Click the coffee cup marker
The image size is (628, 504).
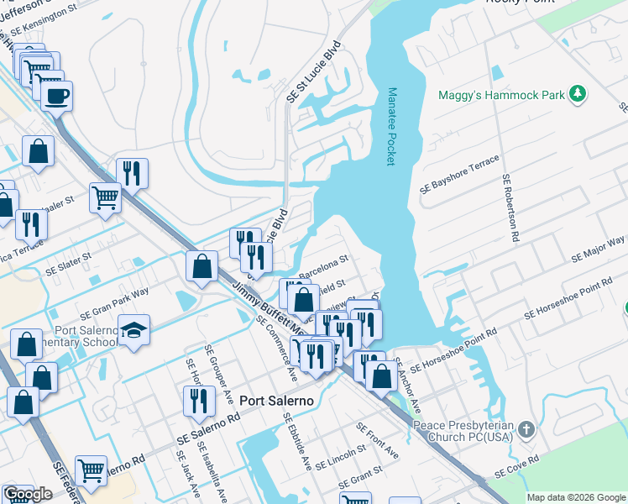click(56, 97)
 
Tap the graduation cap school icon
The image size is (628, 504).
click(133, 332)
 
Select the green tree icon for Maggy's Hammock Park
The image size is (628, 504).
click(577, 94)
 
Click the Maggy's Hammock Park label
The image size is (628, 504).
click(501, 96)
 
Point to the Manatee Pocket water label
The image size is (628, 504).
click(390, 127)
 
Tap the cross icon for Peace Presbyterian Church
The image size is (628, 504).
click(526, 430)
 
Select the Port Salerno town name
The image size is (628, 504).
click(276, 401)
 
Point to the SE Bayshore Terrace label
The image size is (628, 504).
click(460, 176)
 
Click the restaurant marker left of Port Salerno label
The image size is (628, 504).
click(197, 401)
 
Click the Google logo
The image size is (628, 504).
click(29, 494)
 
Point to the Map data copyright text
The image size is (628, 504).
click(576, 497)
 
